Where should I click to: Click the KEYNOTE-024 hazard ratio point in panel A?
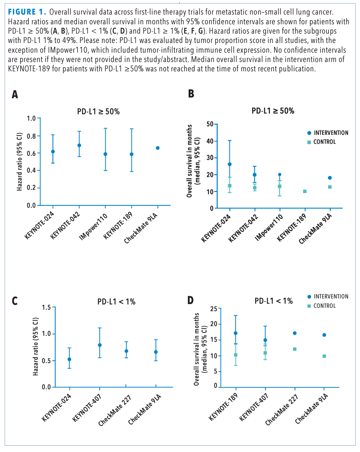pos(53,151)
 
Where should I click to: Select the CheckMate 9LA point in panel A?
pos(158,148)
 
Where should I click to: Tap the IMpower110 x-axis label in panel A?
pos(93,228)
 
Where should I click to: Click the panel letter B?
pos(191,94)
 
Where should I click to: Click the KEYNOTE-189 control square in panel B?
pos(305,191)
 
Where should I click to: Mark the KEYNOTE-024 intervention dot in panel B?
pos(230,164)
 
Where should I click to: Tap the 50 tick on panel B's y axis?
pos(210,124)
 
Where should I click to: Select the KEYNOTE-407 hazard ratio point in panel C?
pos(100,345)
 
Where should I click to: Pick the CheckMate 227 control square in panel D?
pos(295,349)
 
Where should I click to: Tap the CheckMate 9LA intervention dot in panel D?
pos(324,335)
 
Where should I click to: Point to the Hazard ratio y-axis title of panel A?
pos(19,161)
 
